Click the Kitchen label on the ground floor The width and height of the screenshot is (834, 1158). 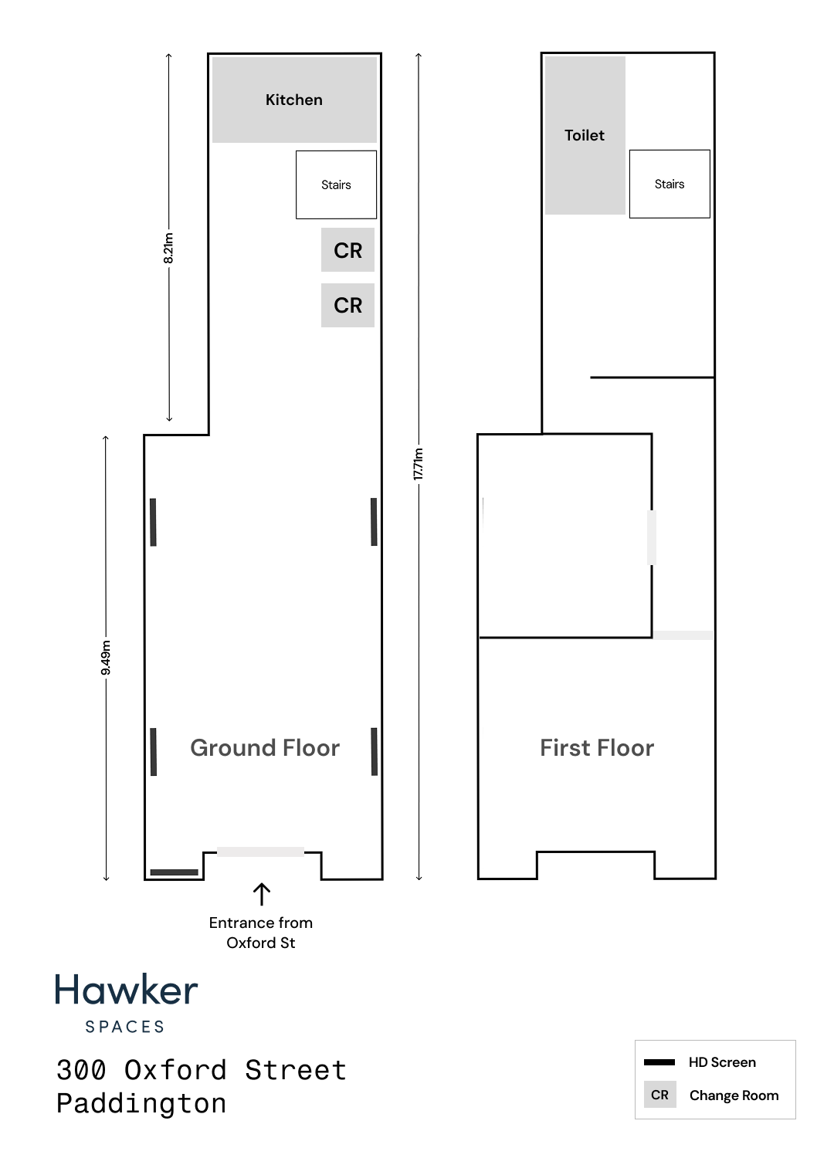293,100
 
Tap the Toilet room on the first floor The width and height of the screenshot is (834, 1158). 585,135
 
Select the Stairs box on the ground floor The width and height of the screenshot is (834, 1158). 336,185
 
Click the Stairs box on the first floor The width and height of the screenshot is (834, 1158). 670,184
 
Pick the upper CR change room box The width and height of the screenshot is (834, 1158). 347,249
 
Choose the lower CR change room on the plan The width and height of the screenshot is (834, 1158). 347,305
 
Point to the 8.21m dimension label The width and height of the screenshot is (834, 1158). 168,248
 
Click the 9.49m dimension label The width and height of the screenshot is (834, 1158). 106,658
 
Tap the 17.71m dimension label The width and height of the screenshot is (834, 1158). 419,464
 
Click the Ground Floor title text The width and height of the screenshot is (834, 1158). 265,748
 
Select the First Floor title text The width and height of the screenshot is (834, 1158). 597,748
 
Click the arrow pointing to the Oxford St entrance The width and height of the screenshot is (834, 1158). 262,894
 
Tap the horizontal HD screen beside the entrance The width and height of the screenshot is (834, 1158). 175,872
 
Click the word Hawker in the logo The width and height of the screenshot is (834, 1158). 127,990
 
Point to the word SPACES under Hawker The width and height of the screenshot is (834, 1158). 124,1027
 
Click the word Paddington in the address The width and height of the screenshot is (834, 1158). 141,1103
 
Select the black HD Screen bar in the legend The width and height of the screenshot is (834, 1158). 659,1062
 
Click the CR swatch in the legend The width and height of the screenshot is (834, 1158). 659,1095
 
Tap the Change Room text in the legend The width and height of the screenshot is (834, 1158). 734,1095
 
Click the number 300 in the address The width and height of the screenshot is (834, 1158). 81,1070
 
